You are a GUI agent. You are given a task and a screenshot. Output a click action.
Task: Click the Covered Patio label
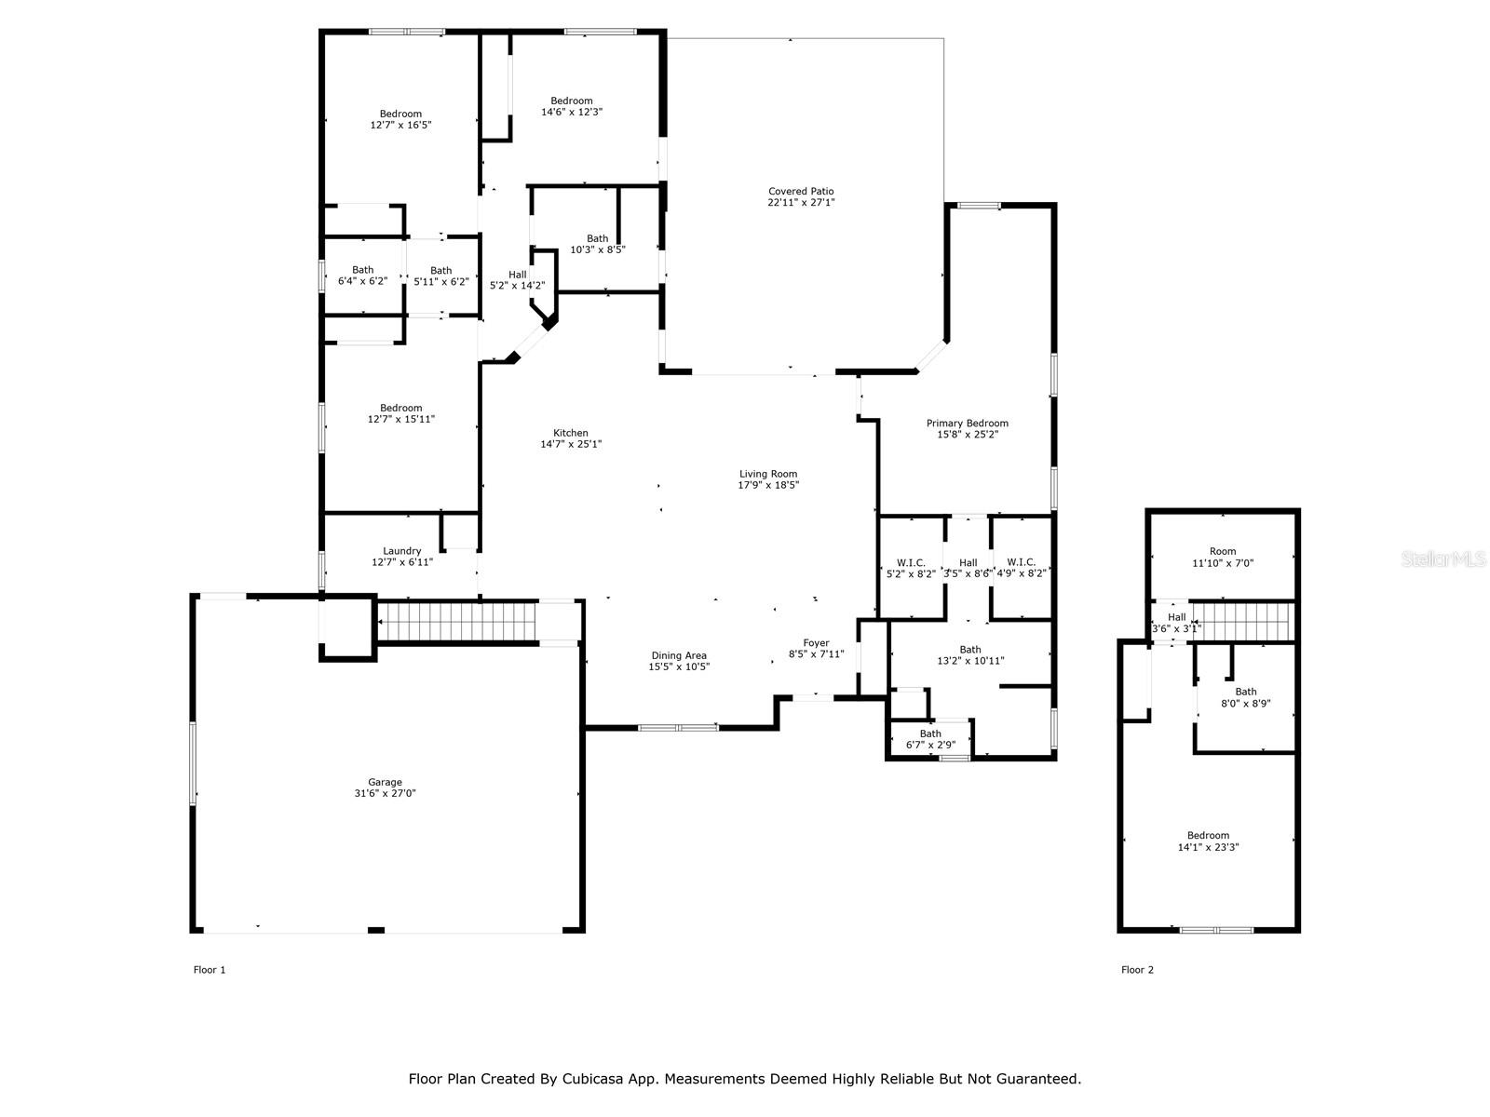pyautogui.click(x=801, y=191)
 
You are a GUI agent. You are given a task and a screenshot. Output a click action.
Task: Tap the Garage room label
pyautogui.click(x=385, y=782)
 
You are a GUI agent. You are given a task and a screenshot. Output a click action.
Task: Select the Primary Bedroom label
pyautogui.click(x=968, y=424)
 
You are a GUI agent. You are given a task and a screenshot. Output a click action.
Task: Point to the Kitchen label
pyautogui.click(x=570, y=433)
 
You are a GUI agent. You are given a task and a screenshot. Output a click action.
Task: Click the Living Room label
pyautogui.click(x=768, y=474)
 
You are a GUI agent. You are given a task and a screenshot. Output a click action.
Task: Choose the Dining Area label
pyautogui.click(x=679, y=655)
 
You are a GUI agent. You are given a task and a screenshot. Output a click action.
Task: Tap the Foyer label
pyautogui.click(x=816, y=643)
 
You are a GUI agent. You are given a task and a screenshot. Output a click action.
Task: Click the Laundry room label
pyautogui.click(x=402, y=551)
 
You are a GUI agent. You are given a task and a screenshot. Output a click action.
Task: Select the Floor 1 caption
pyautogui.click(x=210, y=970)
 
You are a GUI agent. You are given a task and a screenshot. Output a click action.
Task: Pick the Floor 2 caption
pyautogui.click(x=1137, y=970)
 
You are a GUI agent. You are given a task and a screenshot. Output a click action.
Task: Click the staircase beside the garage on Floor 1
pyautogui.click(x=456, y=621)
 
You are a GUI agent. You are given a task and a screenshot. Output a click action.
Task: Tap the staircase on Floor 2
pyautogui.click(x=1240, y=621)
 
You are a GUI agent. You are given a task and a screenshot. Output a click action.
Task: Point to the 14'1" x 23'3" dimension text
pyautogui.click(x=1208, y=847)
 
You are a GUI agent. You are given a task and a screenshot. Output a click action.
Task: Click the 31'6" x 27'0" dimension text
pyautogui.click(x=385, y=793)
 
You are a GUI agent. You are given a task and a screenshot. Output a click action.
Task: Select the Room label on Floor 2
pyautogui.click(x=1223, y=551)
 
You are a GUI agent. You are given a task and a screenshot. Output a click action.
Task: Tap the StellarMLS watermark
pyautogui.click(x=1443, y=558)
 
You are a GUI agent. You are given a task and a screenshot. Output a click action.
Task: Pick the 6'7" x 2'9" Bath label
pyautogui.click(x=930, y=739)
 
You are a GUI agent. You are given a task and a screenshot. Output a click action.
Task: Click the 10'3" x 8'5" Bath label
pyautogui.click(x=597, y=244)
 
